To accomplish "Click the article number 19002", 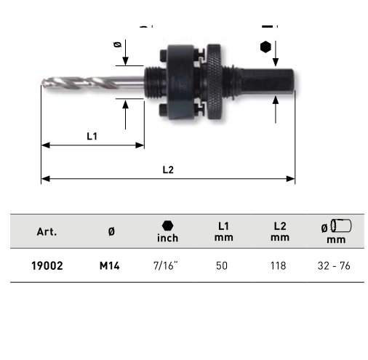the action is coord(47,265).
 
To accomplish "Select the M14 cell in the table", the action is coord(110,266).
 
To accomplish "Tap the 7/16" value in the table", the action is coord(166,265).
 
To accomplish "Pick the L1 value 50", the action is coord(222,265).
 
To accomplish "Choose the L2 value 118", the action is coord(279,265).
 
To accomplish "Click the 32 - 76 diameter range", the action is coord(334,266).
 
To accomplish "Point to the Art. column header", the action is coord(47,232).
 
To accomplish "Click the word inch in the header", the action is coord(167,238).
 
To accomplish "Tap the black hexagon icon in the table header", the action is coord(167,225).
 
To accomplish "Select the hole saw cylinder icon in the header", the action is coord(341,225).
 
